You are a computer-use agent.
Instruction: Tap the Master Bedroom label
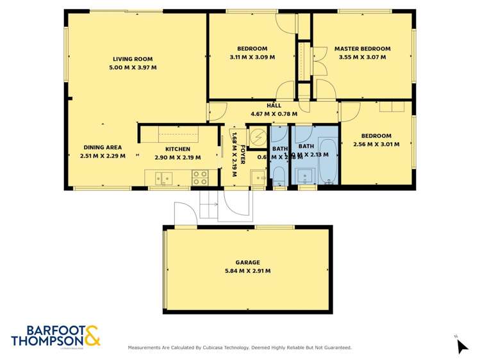(x=362, y=49)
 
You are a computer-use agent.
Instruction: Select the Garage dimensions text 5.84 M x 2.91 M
(x=247, y=271)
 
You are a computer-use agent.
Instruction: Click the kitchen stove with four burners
(x=200, y=175)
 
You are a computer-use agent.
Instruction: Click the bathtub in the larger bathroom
(x=328, y=160)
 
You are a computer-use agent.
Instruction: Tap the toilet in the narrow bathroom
(x=279, y=176)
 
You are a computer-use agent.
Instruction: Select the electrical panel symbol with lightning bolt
(x=256, y=136)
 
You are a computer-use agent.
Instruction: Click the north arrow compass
(x=461, y=346)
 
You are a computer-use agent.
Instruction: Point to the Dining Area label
(x=102, y=147)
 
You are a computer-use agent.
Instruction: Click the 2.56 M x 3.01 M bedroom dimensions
(x=376, y=144)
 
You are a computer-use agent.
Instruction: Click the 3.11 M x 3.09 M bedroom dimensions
(x=252, y=57)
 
